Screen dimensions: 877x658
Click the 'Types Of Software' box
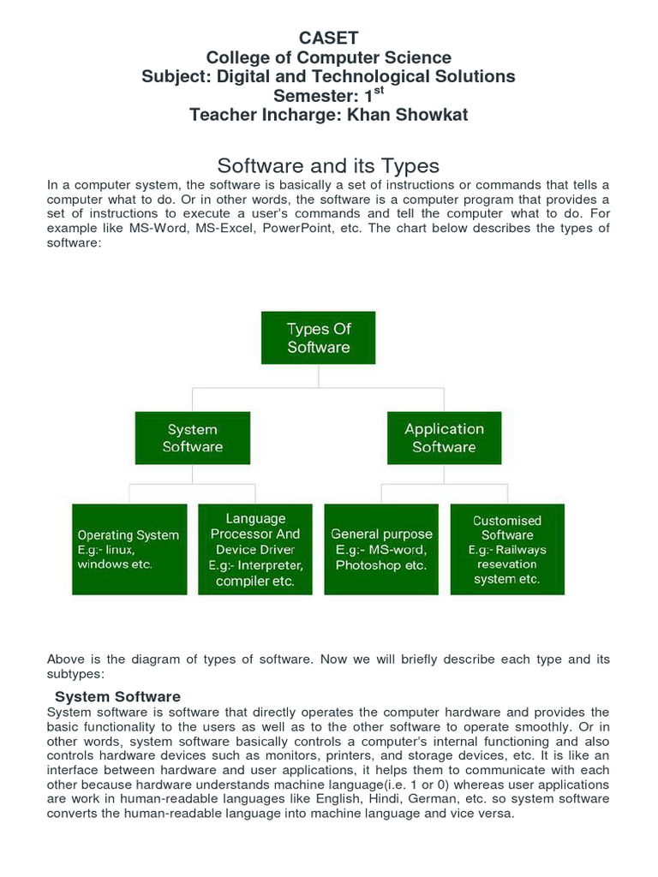(319, 337)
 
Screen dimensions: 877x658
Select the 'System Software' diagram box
(193, 438)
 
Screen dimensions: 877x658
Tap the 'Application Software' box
(444, 438)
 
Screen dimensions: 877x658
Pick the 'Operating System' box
(129, 549)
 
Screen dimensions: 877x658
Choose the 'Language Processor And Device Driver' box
(255, 549)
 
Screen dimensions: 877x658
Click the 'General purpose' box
(381, 549)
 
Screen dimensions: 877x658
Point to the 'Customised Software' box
(507, 549)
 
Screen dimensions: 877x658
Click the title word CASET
(328, 38)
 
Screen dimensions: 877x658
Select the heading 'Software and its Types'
(328, 165)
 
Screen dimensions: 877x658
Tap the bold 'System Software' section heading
(117, 696)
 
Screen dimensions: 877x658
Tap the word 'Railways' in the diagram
(519, 550)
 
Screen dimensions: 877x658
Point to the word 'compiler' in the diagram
(242, 582)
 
